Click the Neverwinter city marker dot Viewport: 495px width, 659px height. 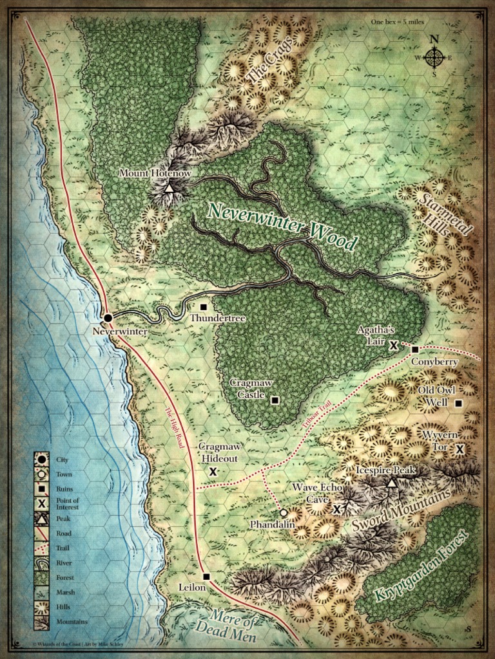[108, 317]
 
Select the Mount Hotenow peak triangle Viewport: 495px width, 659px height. [169, 188]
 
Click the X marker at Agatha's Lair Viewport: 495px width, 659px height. [394, 345]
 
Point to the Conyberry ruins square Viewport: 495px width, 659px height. [415, 349]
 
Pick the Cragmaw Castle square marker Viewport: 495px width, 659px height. [275, 400]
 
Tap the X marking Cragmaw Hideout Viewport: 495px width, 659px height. [212, 472]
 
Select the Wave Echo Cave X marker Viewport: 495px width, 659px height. [336, 509]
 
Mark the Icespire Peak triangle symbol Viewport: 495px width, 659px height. [391, 483]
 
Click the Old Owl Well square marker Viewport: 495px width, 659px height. [458, 404]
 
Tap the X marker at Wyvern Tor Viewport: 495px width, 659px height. [460, 449]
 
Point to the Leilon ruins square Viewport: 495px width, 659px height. [206, 577]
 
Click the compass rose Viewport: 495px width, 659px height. [434, 57]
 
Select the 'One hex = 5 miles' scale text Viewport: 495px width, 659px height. [393, 22]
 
